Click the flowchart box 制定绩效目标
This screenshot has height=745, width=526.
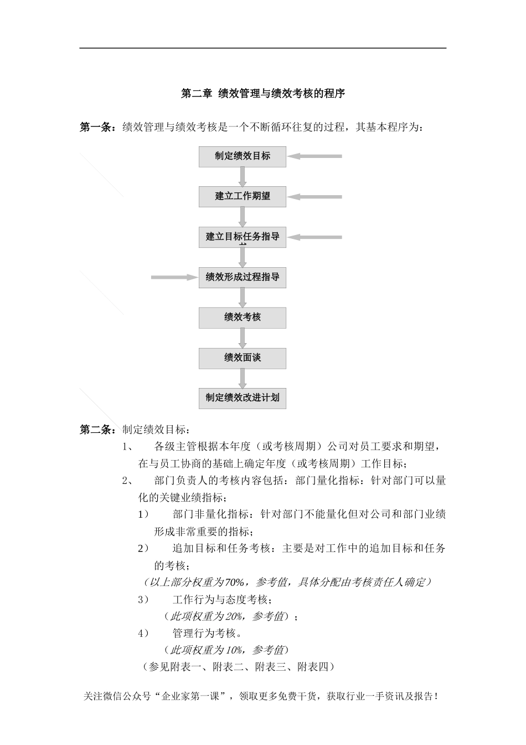point(243,156)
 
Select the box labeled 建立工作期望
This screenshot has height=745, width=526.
point(243,196)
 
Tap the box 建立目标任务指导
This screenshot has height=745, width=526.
point(243,237)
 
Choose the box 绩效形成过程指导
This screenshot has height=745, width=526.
point(243,277)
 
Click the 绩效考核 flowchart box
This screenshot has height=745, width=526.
point(243,318)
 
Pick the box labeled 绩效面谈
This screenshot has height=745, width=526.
point(243,358)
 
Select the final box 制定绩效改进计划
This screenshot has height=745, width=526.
point(243,398)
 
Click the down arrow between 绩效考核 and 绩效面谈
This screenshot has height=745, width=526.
point(243,338)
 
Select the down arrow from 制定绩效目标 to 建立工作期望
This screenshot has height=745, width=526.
point(243,176)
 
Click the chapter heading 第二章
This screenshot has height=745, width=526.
point(197,94)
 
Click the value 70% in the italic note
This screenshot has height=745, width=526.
point(235,582)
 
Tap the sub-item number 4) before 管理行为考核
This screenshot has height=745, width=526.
point(143,633)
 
